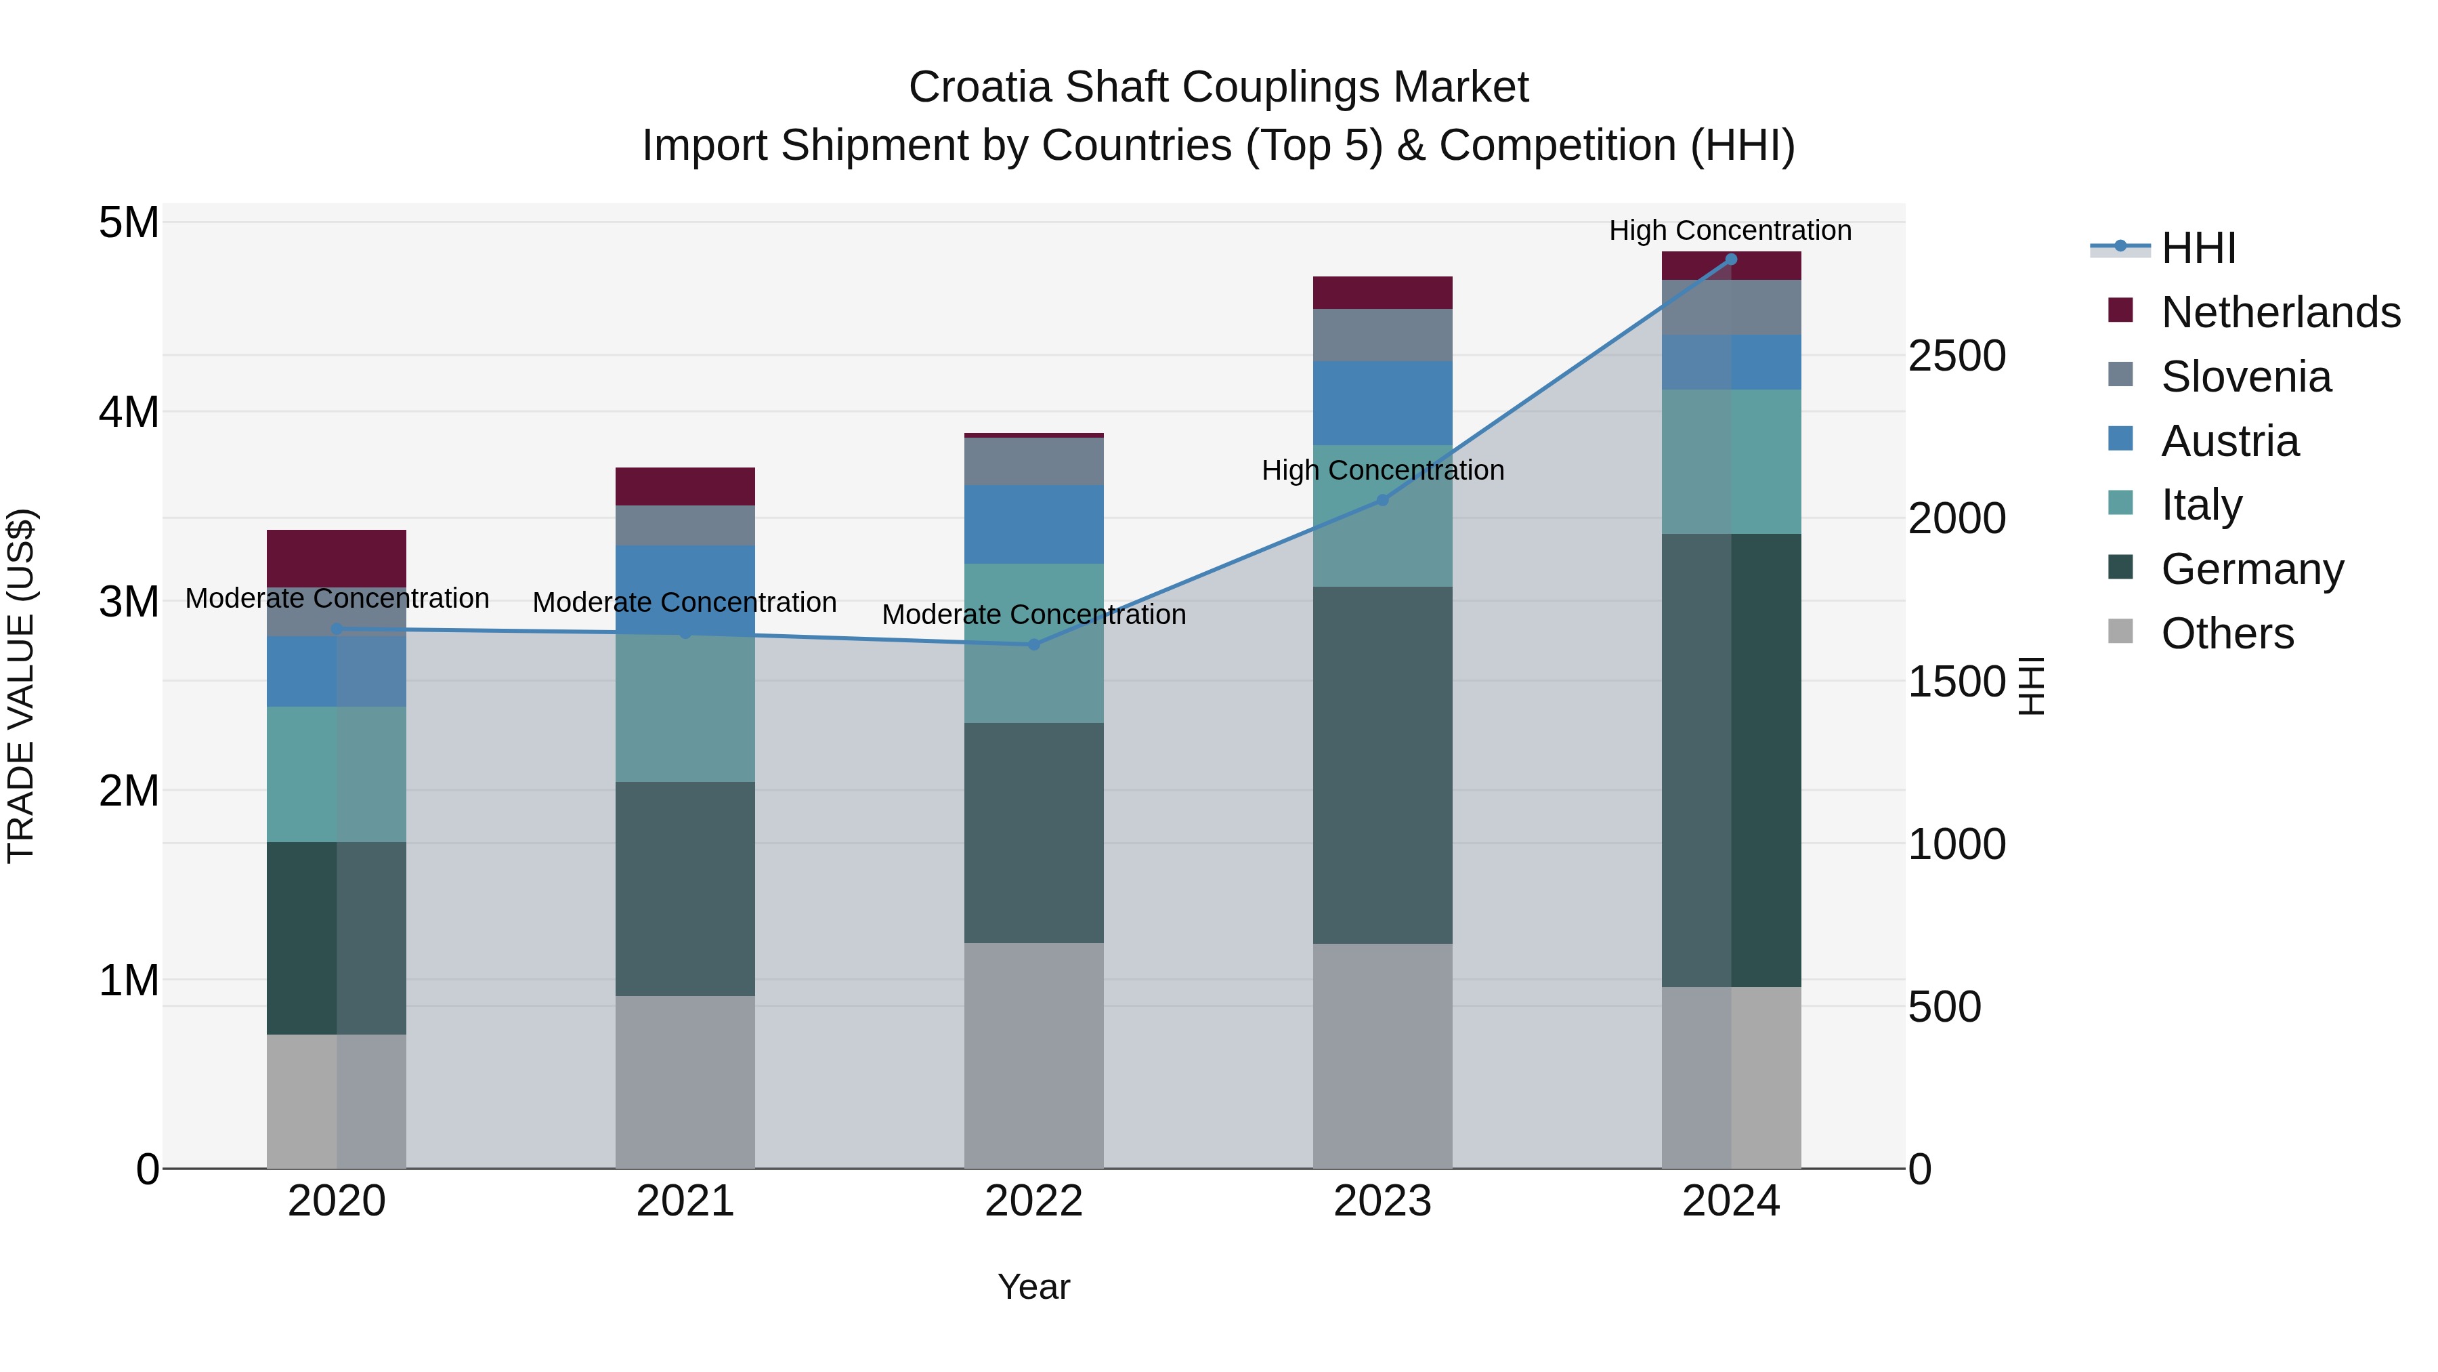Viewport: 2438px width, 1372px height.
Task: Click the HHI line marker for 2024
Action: (x=1731, y=259)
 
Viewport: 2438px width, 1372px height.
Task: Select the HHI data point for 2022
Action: (x=1033, y=645)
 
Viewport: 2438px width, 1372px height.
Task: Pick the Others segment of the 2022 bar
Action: (x=1033, y=1055)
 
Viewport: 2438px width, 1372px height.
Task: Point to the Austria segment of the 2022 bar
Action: (x=1033, y=524)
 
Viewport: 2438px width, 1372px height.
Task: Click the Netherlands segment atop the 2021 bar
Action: (x=685, y=486)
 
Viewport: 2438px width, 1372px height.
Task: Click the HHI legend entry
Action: (x=2198, y=248)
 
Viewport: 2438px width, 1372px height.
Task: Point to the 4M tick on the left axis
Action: (x=129, y=412)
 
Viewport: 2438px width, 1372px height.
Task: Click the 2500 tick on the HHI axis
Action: (x=1956, y=356)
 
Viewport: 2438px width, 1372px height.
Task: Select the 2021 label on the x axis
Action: (x=685, y=1201)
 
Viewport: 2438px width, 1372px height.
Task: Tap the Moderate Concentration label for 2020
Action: (x=337, y=598)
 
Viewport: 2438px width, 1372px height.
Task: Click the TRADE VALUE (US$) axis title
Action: (x=21, y=686)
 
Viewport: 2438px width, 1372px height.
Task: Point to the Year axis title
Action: (x=1033, y=1287)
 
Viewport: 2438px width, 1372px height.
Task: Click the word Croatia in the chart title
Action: (x=981, y=87)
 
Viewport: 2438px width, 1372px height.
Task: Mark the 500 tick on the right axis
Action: (x=1944, y=1007)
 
